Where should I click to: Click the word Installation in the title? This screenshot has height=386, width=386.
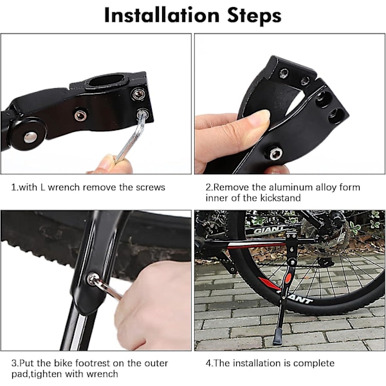tap(161, 15)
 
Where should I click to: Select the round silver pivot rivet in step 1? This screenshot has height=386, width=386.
tap(30, 137)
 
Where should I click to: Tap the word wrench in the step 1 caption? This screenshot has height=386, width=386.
tap(64, 187)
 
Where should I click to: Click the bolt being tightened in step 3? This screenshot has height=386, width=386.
tap(92, 279)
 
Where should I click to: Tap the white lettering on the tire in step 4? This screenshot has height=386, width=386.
tap(297, 297)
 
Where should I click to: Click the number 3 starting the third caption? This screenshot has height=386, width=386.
tap(14, 363)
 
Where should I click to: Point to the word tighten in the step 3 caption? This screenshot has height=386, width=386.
tap(47, 374)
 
